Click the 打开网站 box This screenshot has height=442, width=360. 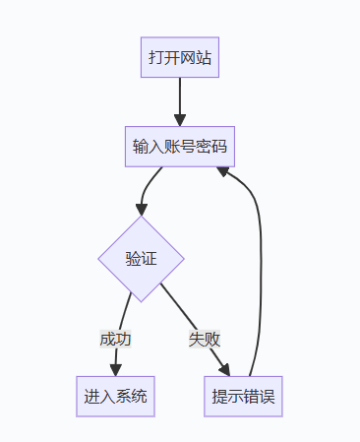[x=180, y=58]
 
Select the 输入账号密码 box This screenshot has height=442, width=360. [x=180, y=148]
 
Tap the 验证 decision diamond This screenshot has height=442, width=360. [x=141, y=259]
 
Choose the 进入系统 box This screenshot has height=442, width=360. [x=115, y=397]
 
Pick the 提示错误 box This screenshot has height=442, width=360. [x=243, y=397]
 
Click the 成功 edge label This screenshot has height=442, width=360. [x=115, y=339]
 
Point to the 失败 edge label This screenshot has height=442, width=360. [x=205, y=339]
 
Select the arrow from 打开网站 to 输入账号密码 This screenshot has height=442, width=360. [x=180, y=98]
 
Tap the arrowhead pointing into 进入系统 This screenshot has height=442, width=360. [x=115, y=370]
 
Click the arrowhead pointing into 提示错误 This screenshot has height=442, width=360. [x=224, y=370]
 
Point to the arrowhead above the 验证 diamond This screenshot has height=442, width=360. [x=142, y=210]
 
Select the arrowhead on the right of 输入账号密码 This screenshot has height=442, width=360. [x=223, y=170]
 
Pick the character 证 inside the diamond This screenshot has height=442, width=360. [x=149, y=259]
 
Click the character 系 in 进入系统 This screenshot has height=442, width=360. [x=123, y=397]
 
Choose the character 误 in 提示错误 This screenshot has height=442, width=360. [x=267, y=397]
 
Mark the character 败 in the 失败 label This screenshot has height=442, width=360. [x=212, y=339]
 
